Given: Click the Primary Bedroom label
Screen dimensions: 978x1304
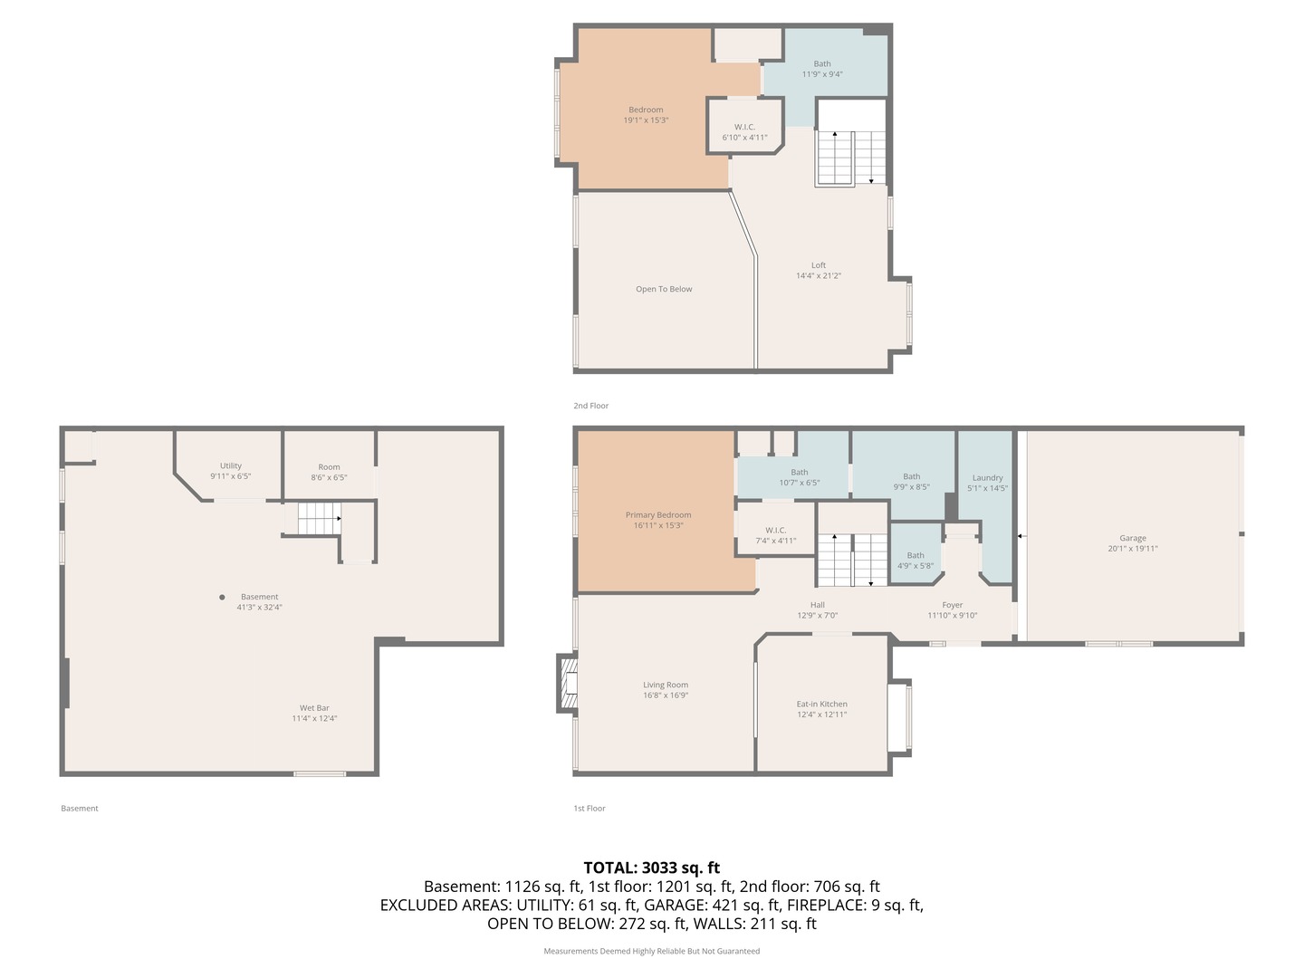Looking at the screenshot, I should coord(658,515).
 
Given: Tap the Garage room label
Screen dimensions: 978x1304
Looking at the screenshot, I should coord(1132,538).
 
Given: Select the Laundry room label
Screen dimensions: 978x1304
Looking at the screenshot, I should coord(987,478).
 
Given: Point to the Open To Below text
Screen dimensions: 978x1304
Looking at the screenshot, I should coord(664,290).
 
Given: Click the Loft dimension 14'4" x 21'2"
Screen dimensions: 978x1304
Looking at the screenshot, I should coord(819,276).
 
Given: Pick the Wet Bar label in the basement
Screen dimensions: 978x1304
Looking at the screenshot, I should coord(314,708).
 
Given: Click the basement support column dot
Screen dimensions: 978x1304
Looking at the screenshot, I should coord(222,597).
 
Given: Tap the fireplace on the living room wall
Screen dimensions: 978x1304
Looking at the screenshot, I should coord(568,684).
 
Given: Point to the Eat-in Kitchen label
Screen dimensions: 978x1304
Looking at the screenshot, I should coord(822,704).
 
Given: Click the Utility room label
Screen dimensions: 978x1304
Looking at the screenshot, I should coord(231,466).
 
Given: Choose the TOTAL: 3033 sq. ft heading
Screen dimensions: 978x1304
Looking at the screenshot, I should coord(651,868).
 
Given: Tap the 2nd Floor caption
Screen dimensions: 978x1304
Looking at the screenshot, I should coord(591,406).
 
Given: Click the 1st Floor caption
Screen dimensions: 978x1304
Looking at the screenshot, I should coord(590,808).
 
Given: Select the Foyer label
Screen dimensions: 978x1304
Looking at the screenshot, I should coord(952,605).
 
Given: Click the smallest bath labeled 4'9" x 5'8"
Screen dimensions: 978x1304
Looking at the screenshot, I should coord(916,561).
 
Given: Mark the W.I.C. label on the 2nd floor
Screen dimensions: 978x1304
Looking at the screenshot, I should coord(744,128).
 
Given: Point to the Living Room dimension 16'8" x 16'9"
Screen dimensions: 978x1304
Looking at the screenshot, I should coord(666,695).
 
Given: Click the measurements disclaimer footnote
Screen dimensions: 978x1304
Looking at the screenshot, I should coord(651,951).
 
